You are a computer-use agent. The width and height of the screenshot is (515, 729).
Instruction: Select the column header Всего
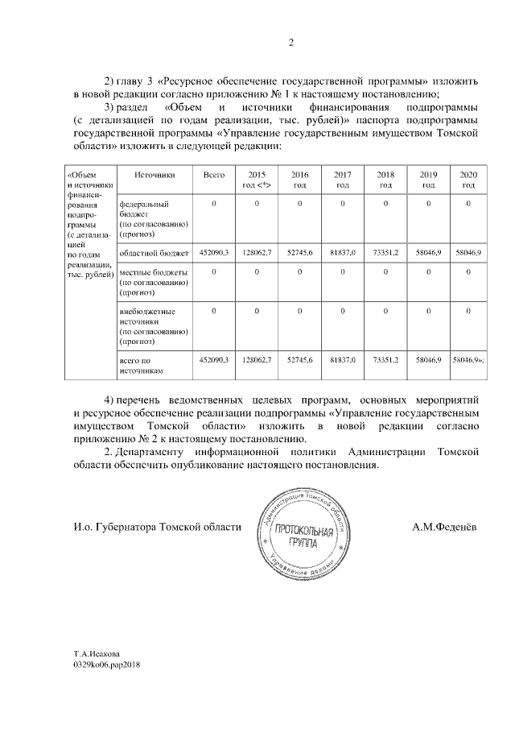point(214,175)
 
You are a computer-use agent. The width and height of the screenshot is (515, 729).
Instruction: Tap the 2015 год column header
point(256,180)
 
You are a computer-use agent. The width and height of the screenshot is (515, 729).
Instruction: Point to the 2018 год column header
point(385,180)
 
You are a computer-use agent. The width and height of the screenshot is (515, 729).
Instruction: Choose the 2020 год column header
point(468,180)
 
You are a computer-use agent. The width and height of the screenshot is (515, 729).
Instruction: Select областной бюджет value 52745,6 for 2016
point(299,253)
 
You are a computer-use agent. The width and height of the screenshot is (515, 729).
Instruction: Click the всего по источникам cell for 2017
point(343,360)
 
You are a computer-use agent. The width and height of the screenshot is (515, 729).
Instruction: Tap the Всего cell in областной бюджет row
point(214,253)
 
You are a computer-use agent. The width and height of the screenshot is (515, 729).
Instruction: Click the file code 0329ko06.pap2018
point(106,667)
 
